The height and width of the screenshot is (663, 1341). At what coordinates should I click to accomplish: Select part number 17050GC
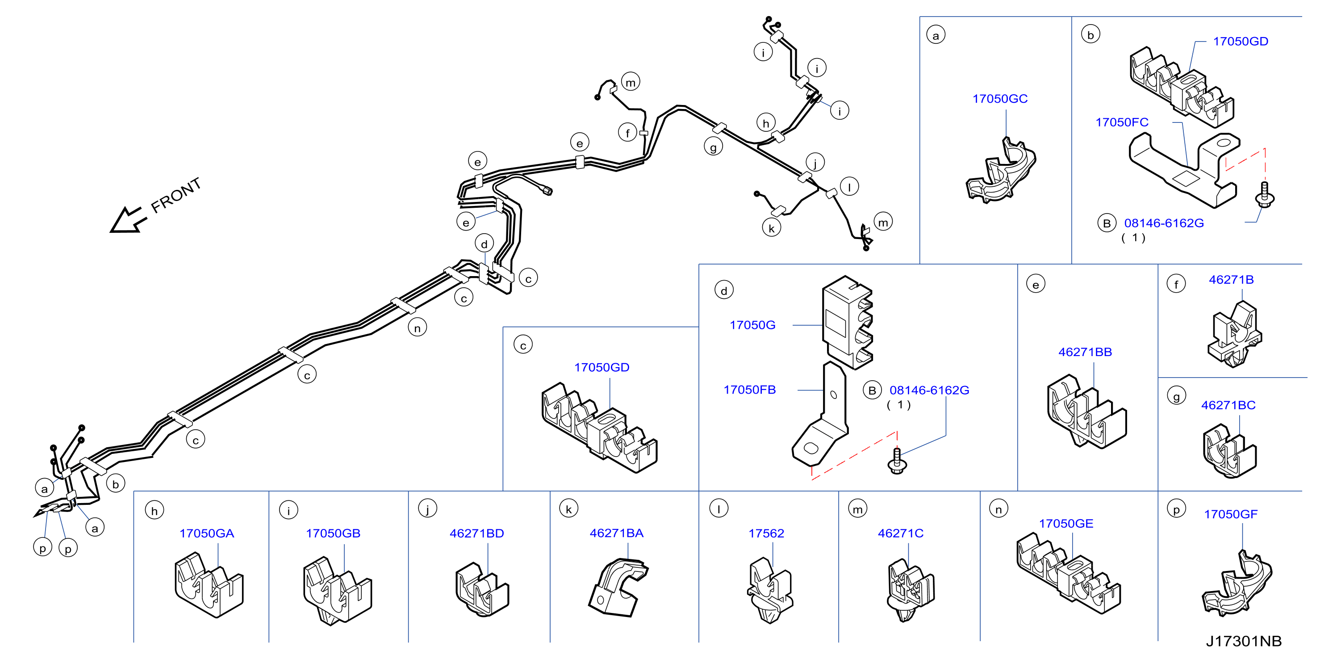999,98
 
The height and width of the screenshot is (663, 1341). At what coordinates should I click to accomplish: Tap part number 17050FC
1121,122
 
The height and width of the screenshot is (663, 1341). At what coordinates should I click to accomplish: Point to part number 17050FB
749,390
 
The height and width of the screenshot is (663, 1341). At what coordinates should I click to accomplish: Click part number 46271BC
1228,405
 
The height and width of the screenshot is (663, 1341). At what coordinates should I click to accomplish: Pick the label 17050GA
207,533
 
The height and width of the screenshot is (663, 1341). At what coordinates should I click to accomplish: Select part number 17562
766,533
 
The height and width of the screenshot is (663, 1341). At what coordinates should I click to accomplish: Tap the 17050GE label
1065,524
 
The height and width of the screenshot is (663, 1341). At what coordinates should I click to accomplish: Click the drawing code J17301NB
1244,641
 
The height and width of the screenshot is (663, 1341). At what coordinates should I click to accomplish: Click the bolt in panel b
1265,195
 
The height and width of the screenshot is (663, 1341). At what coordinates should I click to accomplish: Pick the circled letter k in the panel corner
568,509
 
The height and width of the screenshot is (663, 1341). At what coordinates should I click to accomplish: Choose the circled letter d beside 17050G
723,290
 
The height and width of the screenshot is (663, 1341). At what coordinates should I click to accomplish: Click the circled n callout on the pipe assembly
417,327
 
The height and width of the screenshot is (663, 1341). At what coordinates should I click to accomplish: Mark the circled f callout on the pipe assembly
628,133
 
